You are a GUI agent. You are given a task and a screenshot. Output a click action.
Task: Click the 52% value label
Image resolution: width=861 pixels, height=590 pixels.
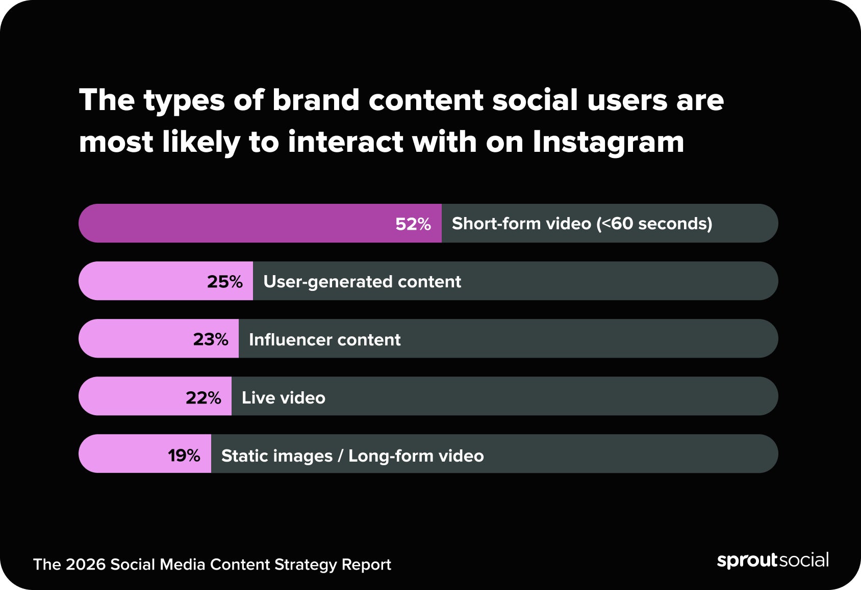(x=413, y=224)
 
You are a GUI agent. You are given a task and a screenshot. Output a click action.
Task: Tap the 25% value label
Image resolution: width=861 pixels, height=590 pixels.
(x=224, y=282)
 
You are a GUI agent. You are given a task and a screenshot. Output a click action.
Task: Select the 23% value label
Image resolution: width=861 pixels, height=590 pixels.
(x=210, y=339)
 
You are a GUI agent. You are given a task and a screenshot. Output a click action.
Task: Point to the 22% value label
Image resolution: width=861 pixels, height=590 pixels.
(x=203, y=397)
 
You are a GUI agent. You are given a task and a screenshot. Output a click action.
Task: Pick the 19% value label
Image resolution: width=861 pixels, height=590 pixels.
(x=184, y=455)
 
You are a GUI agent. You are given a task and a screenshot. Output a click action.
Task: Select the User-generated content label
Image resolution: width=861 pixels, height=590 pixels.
(x=362, y=282)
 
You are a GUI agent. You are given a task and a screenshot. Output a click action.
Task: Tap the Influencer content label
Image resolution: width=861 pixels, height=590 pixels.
(x=324, y=339)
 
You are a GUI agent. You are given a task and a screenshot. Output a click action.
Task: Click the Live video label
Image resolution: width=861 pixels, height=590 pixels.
(x=283, y=397)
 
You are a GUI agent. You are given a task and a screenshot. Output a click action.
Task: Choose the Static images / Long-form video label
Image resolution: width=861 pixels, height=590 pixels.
(x=352, y=455)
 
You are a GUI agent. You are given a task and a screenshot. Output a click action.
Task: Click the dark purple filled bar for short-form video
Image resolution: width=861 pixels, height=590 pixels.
(x=235, y=224)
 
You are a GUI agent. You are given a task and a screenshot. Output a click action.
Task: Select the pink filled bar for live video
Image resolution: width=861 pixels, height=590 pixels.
(x=133, y=397)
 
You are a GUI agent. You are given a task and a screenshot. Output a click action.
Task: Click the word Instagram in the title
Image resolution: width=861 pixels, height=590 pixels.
(x=608, y=142)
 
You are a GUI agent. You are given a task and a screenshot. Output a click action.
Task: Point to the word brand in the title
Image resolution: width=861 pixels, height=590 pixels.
(x=316, y=100)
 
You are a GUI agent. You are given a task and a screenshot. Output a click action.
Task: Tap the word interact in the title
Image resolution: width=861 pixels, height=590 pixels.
(x=346, y=142)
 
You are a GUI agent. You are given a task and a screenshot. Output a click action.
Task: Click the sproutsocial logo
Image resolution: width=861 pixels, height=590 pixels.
(x=772, y=560)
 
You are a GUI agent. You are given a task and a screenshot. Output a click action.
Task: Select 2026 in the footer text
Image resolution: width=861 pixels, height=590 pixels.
(x=85, y=565)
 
